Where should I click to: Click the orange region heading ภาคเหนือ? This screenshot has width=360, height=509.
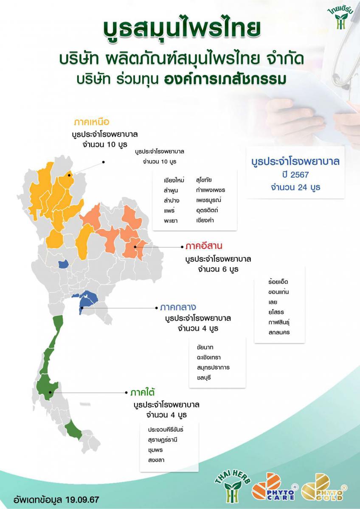(x=91, y=122)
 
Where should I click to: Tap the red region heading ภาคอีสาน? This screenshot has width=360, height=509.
(x=204, y=246)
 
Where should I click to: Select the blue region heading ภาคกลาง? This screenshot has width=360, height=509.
(x=178, y=307)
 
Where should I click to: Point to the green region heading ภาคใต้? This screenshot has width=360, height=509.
(x=142, y=392)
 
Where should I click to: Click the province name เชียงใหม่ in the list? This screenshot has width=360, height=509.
(x=174, y=180)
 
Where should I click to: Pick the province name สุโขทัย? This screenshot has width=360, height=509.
(x=204, y=180)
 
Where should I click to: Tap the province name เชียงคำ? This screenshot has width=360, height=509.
(x=205, y=220)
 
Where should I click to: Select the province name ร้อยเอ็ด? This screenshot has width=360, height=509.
(x=278, y=282)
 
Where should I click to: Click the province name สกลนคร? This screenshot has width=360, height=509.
(x=279, y=332)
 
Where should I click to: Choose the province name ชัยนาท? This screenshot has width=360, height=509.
(x=205, y=347)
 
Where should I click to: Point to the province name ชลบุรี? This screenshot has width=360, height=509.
(x=204, y=378)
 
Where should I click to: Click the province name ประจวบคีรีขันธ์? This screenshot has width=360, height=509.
(x=166, y=429)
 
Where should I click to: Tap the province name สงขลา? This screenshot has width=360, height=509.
(x=156, y=460)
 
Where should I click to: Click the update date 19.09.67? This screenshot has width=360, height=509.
(x=82, y=500)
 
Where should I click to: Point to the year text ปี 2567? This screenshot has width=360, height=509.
(x=295, y=175)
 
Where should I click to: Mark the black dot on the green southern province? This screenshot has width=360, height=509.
(x=50, y=392)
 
